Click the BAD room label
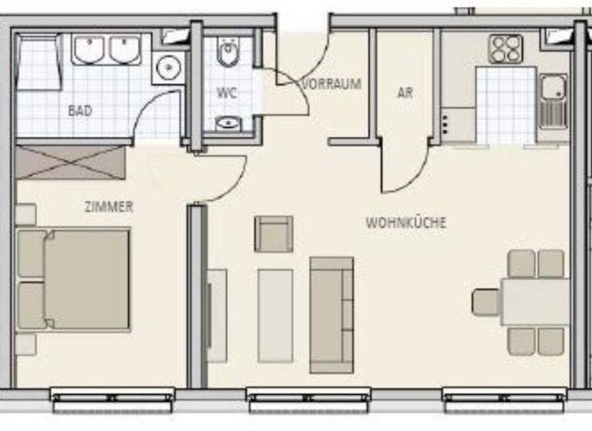tap(80, 111)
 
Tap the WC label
tap(227, 93)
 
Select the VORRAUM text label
tap(332, 84)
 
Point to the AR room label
tap(405, 93)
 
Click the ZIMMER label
tap(109, 206)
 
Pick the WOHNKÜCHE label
tap(405, 223)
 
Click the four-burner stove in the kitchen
tap(506, 49)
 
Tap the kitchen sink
tap(553, 101)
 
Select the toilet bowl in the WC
tap(229, 54)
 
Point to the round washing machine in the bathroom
tap(166, 69)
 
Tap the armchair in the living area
tap(274, 234)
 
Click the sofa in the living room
tap(331, 314)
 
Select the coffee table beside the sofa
tap(275, 315)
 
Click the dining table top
tap(535, 302)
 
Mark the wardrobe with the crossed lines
tap(70, 162)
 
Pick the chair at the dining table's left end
tap(486, 302)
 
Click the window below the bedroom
tap(113, 399)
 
